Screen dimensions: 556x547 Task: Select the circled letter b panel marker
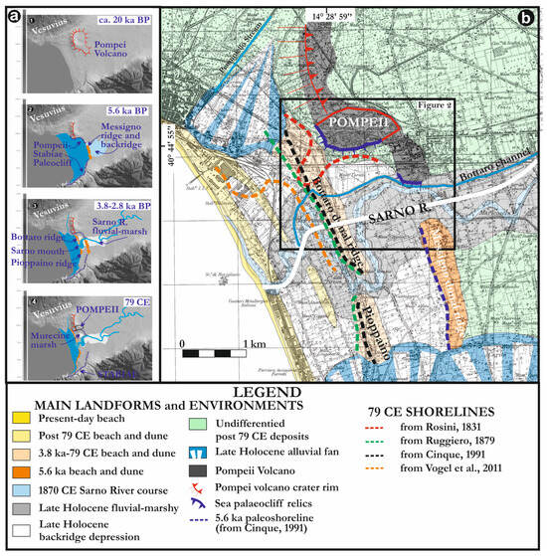[x=528, y=18]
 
